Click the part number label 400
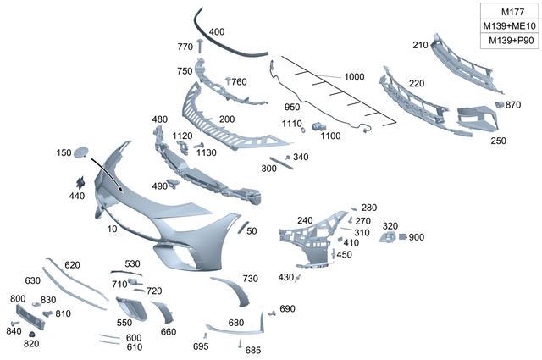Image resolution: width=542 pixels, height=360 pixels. pyautogui.click(x=217, y=32)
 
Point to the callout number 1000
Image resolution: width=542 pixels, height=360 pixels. pyautogui.click(x=354, y=77)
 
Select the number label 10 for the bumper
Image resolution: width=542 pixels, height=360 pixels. pyautogui.click(x=112, y=229)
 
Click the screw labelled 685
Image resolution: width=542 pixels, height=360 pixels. pyautogui.click(x=241, y=343)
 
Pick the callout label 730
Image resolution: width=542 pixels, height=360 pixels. pyautogui.click(x=250, y=279)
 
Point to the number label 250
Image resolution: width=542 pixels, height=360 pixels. pyautogui.click(x=498, y=141)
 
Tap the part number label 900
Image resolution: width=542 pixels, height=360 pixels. pyautogui.click(x=416, y=237)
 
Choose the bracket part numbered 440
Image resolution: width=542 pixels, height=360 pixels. pyautogui.click(x=81, y=182)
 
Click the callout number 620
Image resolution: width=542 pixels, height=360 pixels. pyautogui.click(x=72, y=265)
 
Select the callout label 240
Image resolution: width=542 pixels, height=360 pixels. pyautogui.click(x=305, y=220)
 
